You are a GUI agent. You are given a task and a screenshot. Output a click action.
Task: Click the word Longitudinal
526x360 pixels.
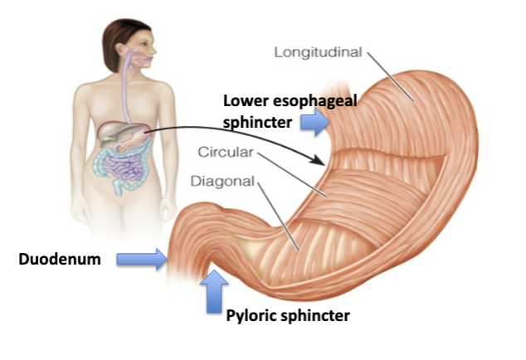click(x=318, y=54)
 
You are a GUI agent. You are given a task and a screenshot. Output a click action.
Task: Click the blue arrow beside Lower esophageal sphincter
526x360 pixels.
click(x=314, y=123)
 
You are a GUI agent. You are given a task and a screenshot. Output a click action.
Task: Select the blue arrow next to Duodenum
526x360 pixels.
click(x=140, y=260)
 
